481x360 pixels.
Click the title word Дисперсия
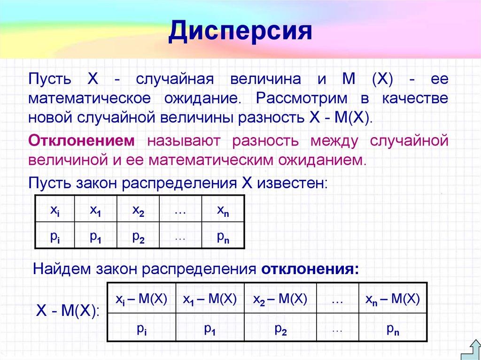(x=240, y=32)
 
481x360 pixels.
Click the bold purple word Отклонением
(x=82, y=140)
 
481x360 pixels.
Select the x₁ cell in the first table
(x=96, y=212)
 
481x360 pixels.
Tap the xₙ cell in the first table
(x=223, y=212)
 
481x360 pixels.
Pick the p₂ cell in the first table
(x=138, y=237)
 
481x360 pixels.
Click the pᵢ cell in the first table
(x=54, y=237)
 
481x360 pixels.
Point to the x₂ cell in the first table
(x=138, y=212)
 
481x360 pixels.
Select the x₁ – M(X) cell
(x=209, y=299)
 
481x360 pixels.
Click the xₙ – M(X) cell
(x=393, y=299)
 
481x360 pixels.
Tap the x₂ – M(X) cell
(x=280, y=299)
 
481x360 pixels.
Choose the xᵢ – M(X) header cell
(x=141, y=299)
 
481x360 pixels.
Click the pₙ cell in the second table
(x=393, y=330)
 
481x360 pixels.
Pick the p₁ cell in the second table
(x=209, y=330)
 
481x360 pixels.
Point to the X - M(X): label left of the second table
(x=69, y=310)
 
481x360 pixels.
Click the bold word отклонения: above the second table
(x=310, y=270)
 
